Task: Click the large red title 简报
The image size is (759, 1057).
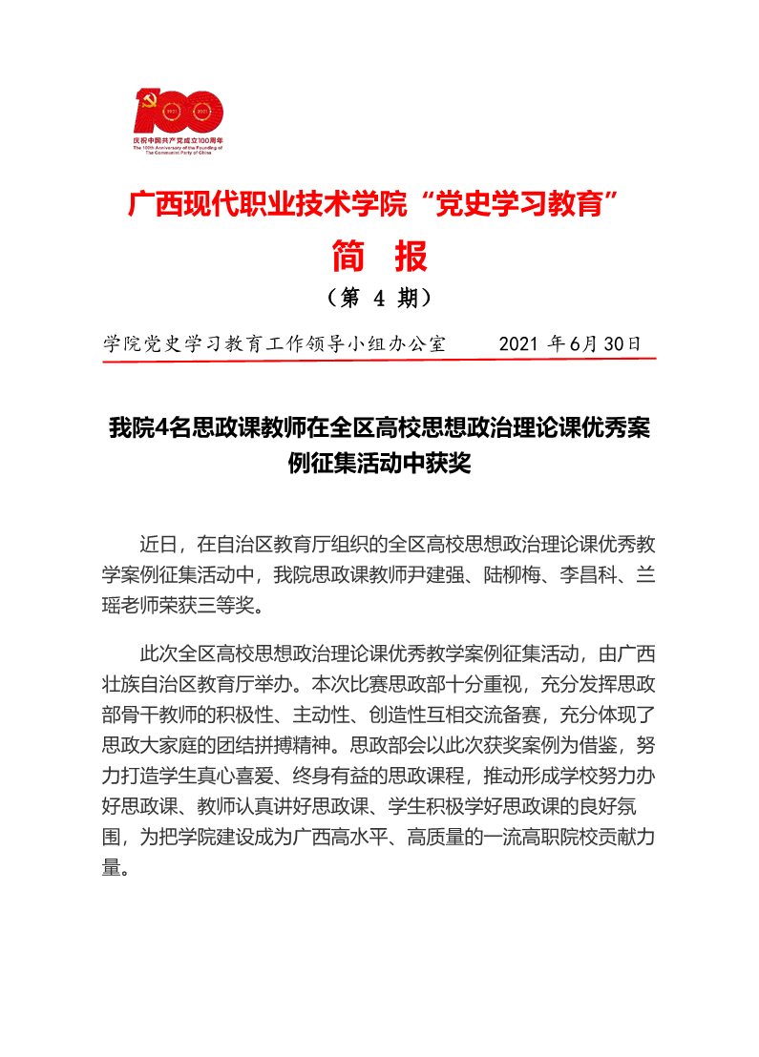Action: pyautogui.click(x=379, y=256)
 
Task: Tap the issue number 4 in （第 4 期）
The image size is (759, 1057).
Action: pyautogui.click(x=378, y=299)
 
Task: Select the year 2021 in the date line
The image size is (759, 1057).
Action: pyautogui.click(x=519, y=343)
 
